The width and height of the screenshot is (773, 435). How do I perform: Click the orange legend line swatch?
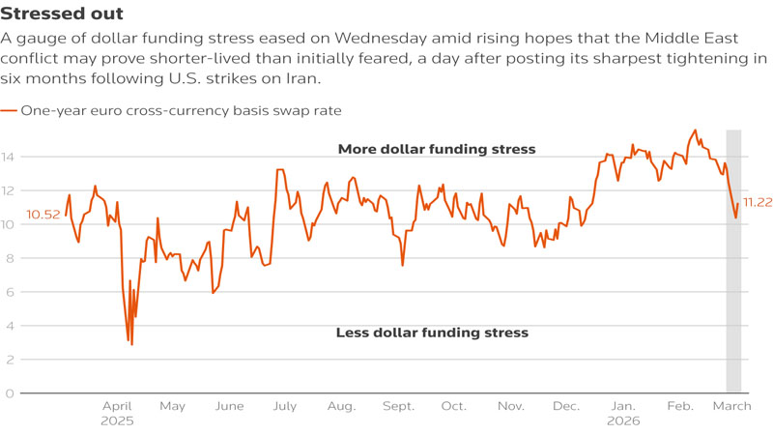tap(9, 111)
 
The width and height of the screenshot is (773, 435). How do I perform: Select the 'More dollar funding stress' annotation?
tap(437, 149)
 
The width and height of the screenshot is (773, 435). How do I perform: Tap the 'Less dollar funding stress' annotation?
tap(432, 333)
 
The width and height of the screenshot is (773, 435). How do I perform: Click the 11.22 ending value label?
tap(757, 202)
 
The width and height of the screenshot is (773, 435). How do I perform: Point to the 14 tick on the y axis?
tap(9, 157)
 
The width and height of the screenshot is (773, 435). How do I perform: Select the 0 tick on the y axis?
tap(9, 393)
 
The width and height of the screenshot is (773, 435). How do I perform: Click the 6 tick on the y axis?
tap(9, 292)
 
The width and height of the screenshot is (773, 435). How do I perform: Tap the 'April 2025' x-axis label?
tap(117, 414)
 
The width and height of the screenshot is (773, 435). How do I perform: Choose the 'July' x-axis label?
tap(285, 407)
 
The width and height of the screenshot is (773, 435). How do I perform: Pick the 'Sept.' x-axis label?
tap(398, 407)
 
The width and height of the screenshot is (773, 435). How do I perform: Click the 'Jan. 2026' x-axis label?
tap(624, 414)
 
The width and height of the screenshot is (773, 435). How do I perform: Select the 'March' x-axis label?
tap(731, 407)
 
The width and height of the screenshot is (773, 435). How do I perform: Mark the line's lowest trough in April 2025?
tap(131, 344)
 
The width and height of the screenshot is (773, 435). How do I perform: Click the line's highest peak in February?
tap(695, 130)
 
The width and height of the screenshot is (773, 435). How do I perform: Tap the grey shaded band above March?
tap(733, 290)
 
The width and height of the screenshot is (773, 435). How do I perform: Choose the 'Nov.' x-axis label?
tap(510, 407)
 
